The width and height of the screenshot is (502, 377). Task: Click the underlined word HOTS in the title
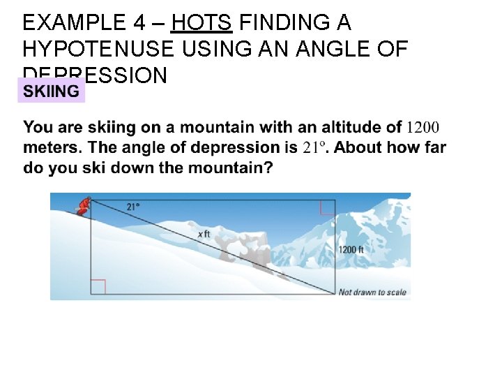pyautogui.click(x=201, y=23)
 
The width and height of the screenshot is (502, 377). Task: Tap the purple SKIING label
pyautogui.click(x=51, y=91)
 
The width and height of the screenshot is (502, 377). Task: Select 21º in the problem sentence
pyautogui.click(x=314, y=147)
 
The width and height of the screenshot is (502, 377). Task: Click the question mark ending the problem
pyautogui.click(x=268, y=168)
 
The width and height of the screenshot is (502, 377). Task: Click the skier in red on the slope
pyautogui.click(x=83, y=205)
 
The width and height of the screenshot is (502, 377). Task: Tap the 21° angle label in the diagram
pyautogui.click(x=133, y=207)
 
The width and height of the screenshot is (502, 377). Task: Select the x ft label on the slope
pyautogui.click(x=204, y=234)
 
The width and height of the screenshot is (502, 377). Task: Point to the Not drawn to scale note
pyautogui.click(x=372, y=292)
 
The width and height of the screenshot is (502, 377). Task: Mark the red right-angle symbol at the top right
pyautogui.click(x=327, y=207)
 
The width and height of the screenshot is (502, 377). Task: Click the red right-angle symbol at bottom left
pyautogui.click(x=98, y=287)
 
